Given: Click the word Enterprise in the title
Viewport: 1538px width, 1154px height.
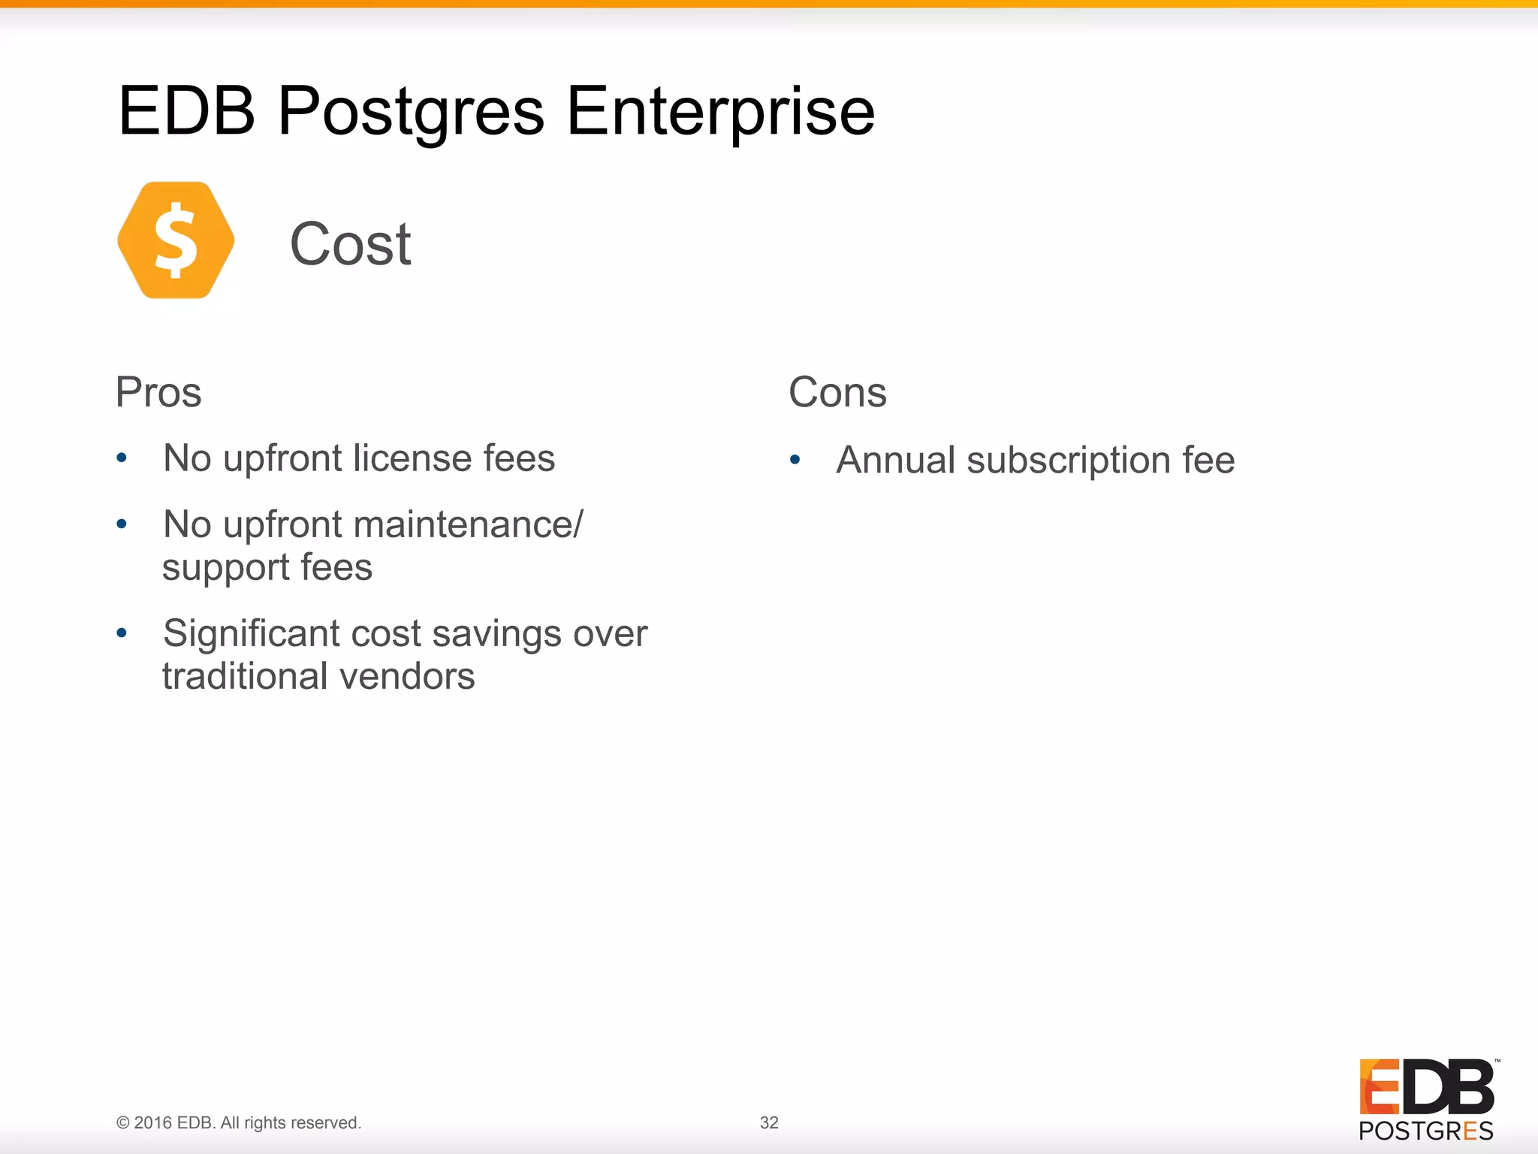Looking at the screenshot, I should click(720, 113).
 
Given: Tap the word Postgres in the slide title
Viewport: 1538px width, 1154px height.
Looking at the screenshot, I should click(411, 113).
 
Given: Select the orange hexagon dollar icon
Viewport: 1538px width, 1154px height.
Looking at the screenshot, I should click(176, 240).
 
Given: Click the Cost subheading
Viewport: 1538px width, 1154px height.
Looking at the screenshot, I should click(351, 244).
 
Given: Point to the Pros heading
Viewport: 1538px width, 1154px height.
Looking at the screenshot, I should click(158, 392).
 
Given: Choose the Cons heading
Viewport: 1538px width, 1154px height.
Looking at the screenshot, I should click(837, 392).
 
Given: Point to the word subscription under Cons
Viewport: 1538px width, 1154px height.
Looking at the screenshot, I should click(1068, 461).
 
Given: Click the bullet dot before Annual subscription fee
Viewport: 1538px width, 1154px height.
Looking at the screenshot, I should click(795, 460).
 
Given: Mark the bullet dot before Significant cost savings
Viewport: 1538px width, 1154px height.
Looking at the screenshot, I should click(122, 633).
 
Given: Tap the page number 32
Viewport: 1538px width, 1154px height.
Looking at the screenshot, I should click(769, 1122).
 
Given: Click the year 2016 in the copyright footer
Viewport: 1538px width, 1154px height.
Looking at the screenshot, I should click(153, 1122).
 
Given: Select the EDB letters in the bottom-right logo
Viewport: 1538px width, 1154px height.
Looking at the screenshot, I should click(1427, 1086).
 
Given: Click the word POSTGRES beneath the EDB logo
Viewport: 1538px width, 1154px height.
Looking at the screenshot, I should click(1425, 1131).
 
